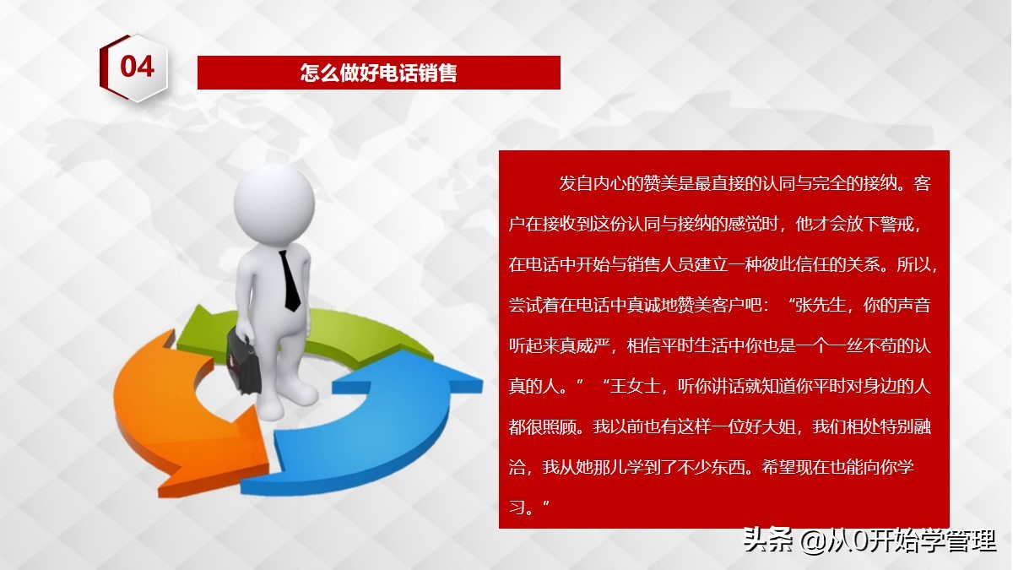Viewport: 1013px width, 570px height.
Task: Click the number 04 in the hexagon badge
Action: click(x=137, y=67)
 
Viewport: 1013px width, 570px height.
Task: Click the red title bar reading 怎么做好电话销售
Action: click(x=378, y=73)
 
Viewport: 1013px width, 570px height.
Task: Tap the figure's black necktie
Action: click(x=290, y=280)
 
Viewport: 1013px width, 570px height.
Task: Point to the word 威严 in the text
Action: click(x=603, y=345)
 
